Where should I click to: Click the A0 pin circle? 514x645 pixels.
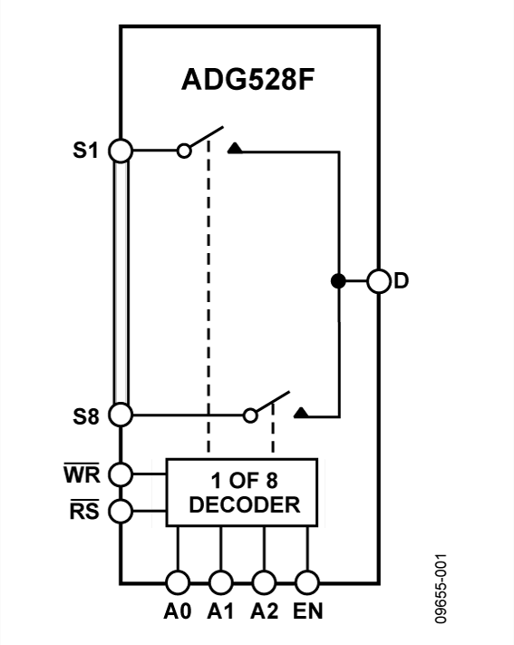coord(177,581)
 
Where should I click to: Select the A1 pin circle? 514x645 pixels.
coord(220,581)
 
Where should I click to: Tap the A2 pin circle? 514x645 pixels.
coord(264,581)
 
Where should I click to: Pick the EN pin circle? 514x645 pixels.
coord(307,581)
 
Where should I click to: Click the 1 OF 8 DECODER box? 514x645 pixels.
coord(241,492)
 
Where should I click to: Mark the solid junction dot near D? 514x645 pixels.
coord(337,281)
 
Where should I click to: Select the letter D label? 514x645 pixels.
coord(402,281)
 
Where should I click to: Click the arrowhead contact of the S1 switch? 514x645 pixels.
coord(236,149)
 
